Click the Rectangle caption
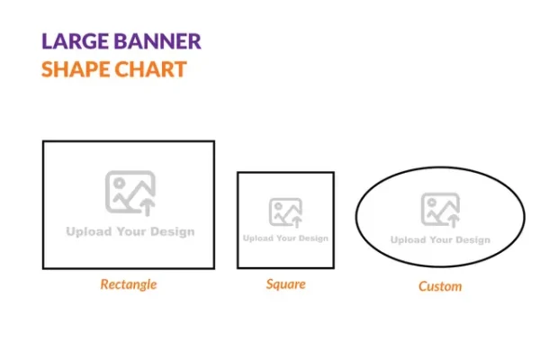pos(128,284)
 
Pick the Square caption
pos(285,284)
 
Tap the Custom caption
pos(440,286)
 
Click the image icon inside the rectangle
pos(130,193)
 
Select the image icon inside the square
pos(285,212)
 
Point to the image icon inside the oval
pos(440,210)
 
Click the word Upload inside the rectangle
pos(89,232)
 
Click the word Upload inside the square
pos(258,238)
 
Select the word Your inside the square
pos(285,238)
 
